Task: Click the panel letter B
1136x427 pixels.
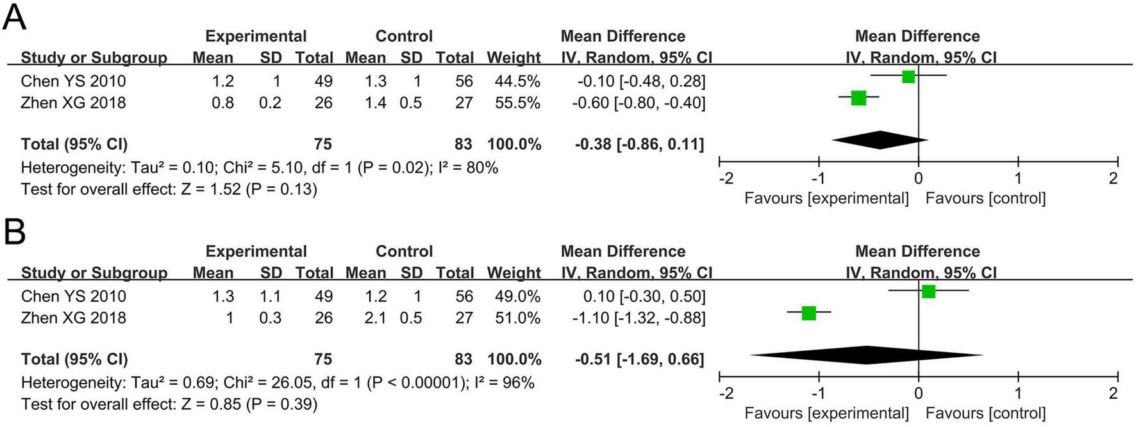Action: [x=14, y=232]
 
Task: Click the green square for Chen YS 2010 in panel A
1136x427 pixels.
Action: [x=908, y=77]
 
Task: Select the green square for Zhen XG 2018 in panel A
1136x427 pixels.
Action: [x=858, y=98]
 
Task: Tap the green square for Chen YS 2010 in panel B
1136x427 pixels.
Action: [x=928, y=292]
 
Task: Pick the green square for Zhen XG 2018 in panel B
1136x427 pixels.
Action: [x=808, y=313]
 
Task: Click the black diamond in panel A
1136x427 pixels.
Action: [x=880, y=140]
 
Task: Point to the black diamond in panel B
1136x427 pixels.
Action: [x=867, y=355]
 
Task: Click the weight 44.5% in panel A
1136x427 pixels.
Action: [x=517, y=81]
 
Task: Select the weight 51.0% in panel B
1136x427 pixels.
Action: [x=517, y=318]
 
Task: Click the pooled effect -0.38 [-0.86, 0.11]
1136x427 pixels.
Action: [x=639, y=144]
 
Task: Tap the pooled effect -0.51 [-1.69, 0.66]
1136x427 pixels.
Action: [x=639, y=359]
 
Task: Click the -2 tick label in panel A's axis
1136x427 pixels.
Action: [x=726, y=178]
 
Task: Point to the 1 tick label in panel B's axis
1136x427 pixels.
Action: [x=1017, y=393]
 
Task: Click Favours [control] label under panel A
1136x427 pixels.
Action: [x=985, y=198]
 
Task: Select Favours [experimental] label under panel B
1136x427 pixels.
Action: [x=826, y=414]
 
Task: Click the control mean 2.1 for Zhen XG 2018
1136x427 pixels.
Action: [x=375, y=318]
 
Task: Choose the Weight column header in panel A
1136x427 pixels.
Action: [x=513, y=58]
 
